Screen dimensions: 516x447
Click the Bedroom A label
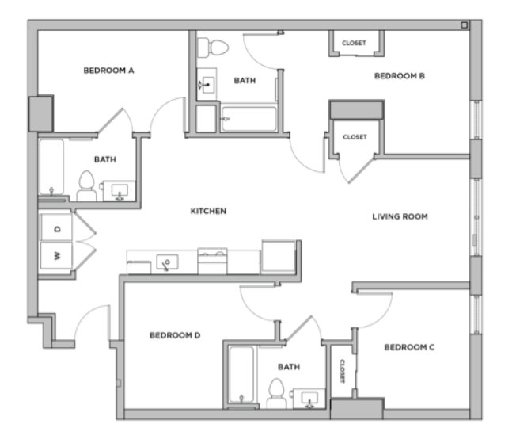click(108, 71)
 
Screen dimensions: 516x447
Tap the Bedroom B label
click(400, 76)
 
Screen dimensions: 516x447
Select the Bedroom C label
click(409, 347)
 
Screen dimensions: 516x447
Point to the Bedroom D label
click(175, 335)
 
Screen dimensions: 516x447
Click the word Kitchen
click(208, 211)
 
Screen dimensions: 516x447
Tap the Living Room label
click(400, 216)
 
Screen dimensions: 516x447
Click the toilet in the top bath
click(213, 48)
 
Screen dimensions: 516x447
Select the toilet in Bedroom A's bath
click(86, 185)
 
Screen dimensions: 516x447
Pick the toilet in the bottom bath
click(276, 394)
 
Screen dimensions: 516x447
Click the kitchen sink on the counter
click(168, 262)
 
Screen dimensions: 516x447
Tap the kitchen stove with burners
click(212, 261)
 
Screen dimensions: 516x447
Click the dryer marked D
click(57, 227)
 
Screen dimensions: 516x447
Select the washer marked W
click(57, 255)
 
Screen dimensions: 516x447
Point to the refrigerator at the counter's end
click(278, 257)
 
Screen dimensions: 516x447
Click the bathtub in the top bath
click(249, 119)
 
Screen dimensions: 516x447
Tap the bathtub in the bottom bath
click(241, 375)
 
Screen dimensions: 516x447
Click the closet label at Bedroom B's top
click(354, 43)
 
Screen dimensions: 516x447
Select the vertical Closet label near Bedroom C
click(342, 371)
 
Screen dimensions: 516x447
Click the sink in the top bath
click(207, 85)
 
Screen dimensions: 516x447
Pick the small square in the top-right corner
click(465, 25)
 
